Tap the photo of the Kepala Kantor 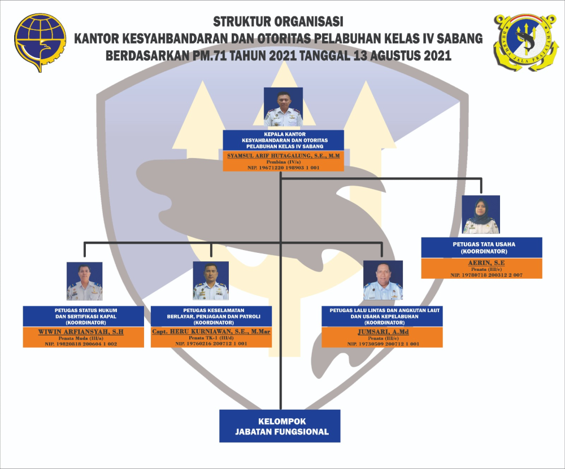pos(283,107)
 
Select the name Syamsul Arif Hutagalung pos(283,154)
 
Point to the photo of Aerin pos(481,214)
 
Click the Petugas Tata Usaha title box pos(481,247)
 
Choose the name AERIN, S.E pos(481,263)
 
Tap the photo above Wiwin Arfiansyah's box pos(84,281)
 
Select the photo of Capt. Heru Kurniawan pos(211,280)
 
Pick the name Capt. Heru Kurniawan pos(211,332)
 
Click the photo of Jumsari pos(383,280)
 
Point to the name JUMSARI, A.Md pos(383,332)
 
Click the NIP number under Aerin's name pos(481,275)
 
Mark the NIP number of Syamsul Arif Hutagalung pos(283,168)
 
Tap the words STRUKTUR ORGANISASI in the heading pos(279,22)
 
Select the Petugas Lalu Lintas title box pos(383,316)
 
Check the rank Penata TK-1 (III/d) pos(211,337)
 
